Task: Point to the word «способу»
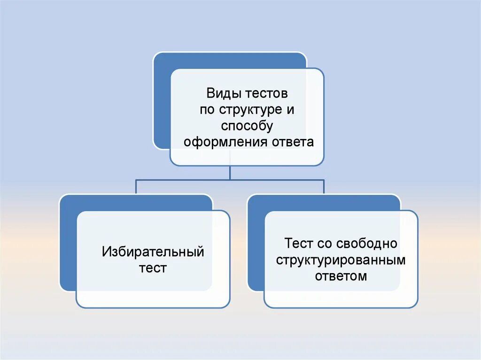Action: click(247, 126)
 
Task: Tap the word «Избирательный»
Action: click(153, 253)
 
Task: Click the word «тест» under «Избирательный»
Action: click(153, 268)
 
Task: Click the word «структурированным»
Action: click(341, 260)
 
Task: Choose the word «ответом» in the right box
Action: click(341, 276)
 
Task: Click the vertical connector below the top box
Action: click(230, 172)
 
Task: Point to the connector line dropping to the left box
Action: click(136, 187)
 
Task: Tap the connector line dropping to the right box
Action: click(324, 187)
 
